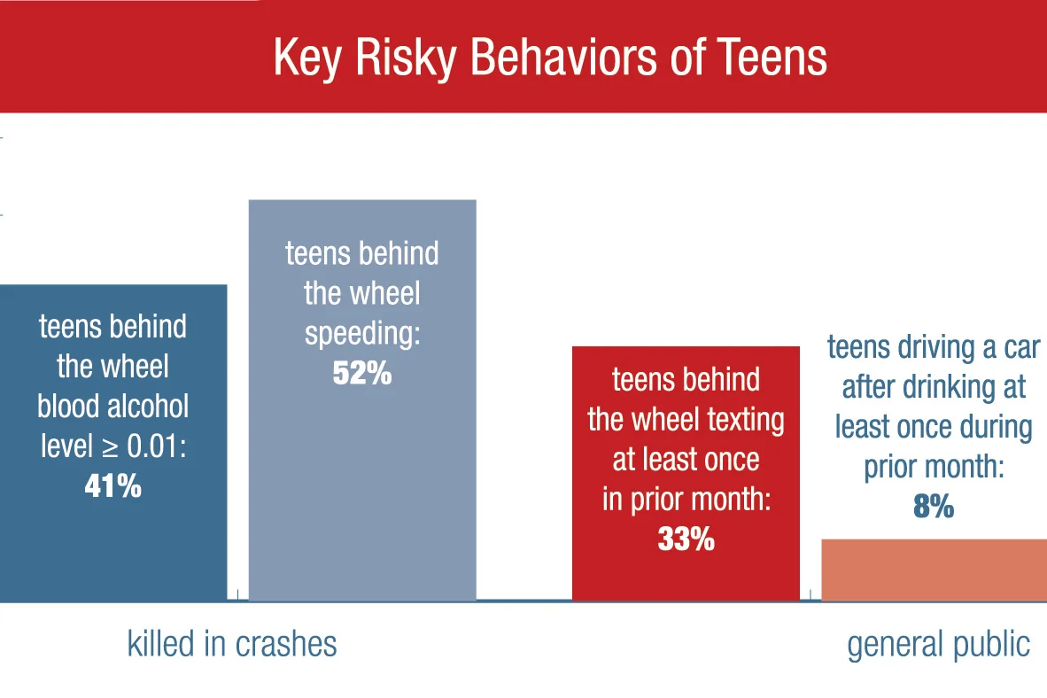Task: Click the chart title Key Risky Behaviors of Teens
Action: [x=549, y=58]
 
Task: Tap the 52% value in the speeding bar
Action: [x=361, y=373]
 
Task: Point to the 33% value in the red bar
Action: [x=686, y=539]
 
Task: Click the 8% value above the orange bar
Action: [x=933, y=507]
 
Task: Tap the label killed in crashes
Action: [x=232, y=643]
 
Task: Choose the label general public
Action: [x=938, y=644]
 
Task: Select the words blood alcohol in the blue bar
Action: [x=112, y=406]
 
